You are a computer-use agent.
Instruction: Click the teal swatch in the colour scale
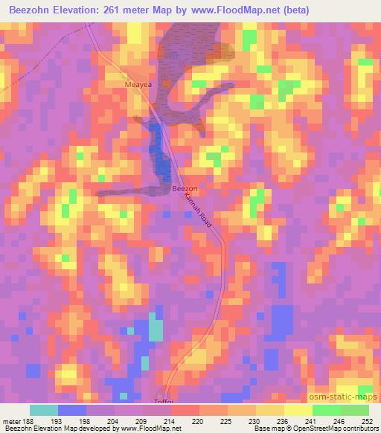click(45, 410)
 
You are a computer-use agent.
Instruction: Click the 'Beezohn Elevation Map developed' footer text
click(52, 429)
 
